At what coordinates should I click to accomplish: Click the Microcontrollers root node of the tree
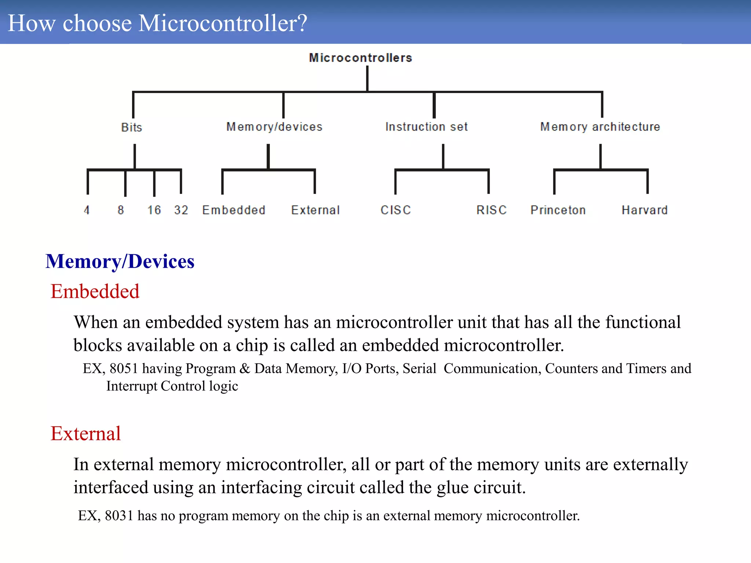point(360,58)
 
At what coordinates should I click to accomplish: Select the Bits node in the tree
point(131,127)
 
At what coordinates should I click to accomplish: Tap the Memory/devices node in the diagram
point(274,127)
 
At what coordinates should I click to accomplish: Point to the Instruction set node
point(426,127)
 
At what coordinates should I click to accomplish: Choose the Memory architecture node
point(600,127)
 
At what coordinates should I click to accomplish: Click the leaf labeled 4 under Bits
point(87,210)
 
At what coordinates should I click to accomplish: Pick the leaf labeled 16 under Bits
point(154,210)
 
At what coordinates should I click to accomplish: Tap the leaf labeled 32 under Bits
point(181,210)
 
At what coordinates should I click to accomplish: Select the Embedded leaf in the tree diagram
point(234,210)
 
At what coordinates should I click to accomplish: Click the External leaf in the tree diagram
point(315,210)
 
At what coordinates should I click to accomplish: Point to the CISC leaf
point(396,210)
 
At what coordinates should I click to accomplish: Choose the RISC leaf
point(491,210)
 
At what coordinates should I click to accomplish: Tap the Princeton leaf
point(558,210)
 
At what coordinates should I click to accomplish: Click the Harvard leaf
point(645,210)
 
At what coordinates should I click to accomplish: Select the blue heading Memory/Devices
point(120,262)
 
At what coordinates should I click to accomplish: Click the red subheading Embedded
point(95,292)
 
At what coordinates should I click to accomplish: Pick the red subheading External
point(85,434)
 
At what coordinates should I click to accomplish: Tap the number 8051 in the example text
point(124,369)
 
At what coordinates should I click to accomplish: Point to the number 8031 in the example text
point(119,516)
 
